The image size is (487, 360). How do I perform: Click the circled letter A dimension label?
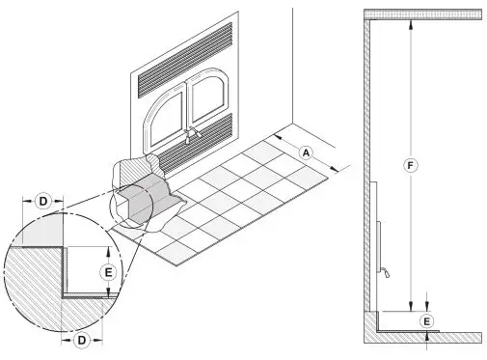click(x=304, y=152)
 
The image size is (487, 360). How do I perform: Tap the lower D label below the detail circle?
click(x=82, y=341)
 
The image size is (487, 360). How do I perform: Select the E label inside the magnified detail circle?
click(x=108, y=273)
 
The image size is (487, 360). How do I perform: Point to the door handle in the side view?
click(x=386, y=272)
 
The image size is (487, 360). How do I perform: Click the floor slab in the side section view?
click(x=424, y=338)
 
